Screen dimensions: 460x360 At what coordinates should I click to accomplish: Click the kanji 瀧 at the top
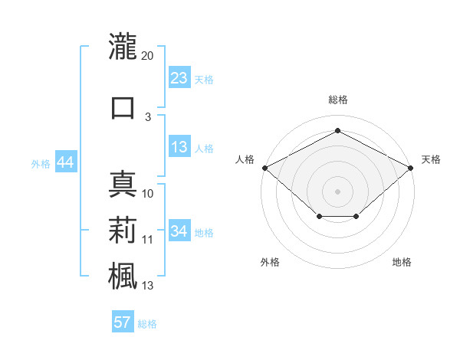coord(123,46)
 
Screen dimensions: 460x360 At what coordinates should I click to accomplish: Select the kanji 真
coord(123,184)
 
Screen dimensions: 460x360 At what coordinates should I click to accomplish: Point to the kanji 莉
coord(123,230)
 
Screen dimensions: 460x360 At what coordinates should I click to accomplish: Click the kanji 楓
coord(123,276)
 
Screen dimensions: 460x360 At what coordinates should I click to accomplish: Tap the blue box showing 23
coord(179,77)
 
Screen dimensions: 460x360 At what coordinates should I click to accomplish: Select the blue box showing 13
coord(179,146)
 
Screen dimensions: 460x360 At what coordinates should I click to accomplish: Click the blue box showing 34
coord(179,230)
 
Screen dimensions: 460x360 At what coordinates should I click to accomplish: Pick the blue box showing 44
coord(66,162)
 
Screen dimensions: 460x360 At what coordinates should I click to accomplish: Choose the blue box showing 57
coord(123,321)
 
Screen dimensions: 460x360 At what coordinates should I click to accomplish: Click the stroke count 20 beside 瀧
coord(147,56)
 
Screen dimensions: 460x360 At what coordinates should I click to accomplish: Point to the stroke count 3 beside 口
coord(148,117)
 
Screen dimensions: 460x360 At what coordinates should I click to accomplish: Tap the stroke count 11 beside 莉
coord(147,240)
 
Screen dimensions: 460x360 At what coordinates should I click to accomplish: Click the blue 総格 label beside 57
coord(147,324)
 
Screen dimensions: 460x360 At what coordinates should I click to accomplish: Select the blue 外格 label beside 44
coord(41,164)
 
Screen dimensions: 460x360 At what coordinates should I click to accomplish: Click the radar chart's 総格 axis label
coord(338,100)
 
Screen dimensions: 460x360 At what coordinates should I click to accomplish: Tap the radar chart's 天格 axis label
coord(431,159)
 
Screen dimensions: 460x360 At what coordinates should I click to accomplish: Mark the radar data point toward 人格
coord(265,168)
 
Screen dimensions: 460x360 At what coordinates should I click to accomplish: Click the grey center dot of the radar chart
coord(337,191)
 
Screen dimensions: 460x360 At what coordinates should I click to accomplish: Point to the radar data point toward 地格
coord(356,216)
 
